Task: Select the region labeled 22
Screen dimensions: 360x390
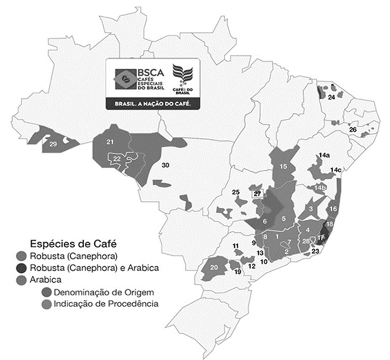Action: pos(117,159)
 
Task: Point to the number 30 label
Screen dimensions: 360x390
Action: pos(166,166)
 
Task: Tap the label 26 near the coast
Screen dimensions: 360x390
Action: pos(353,129)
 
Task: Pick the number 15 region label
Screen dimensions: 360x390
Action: pos(283,166)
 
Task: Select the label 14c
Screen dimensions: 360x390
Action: pos(336,170)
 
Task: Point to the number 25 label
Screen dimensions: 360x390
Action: pos(236,193)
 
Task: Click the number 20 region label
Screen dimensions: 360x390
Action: pos(214,267)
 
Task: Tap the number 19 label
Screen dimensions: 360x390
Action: pos(237,272)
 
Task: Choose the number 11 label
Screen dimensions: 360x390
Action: pos(236,246)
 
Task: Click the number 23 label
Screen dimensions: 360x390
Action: pos(315,252)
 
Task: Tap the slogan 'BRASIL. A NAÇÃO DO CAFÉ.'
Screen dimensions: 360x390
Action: pos(153,103)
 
